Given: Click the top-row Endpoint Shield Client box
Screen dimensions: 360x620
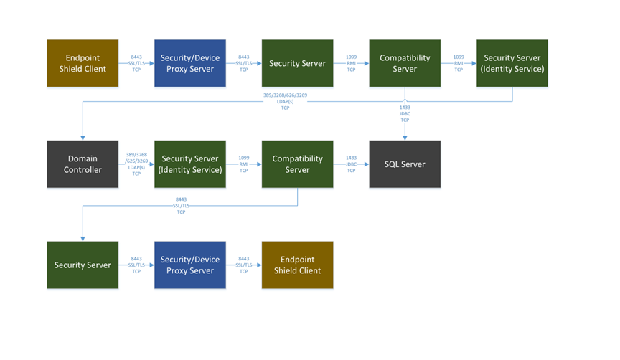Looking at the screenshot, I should (x=83, y=63).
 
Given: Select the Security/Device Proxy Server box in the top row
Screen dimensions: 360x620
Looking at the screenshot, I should (x=190, y=63).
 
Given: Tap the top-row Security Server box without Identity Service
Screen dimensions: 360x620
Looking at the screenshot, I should (x=297, y=63).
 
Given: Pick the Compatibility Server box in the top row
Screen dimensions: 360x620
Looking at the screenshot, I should (x=405, y=63).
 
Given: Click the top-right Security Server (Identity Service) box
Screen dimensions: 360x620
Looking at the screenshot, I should (x=512, y=63).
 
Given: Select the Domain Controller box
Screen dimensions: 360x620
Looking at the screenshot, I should (x=83, y=164).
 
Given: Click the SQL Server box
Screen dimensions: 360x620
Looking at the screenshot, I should (x=405, y=164).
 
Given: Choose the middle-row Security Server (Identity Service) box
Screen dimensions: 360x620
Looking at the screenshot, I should (x=190, y=164).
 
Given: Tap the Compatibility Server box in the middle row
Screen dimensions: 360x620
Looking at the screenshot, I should (x=297, y=164).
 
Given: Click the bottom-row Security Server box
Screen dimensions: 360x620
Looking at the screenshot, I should (x=83, y=265).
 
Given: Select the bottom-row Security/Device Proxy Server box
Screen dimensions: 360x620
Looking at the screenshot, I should (x=190, y=265).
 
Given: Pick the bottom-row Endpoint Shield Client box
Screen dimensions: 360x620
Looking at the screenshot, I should (x=297, y=265).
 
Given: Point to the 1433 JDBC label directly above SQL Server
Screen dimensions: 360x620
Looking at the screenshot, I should (x=405, y=113).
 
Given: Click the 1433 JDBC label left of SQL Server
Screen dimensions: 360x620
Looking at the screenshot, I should (x=351, y=164).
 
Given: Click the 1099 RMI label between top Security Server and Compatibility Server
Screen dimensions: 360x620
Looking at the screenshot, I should (x=351, y=63).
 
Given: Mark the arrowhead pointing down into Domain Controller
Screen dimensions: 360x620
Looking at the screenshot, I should (x=83, y=137).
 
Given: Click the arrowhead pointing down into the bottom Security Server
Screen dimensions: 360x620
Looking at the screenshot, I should (x=83, y=238).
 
